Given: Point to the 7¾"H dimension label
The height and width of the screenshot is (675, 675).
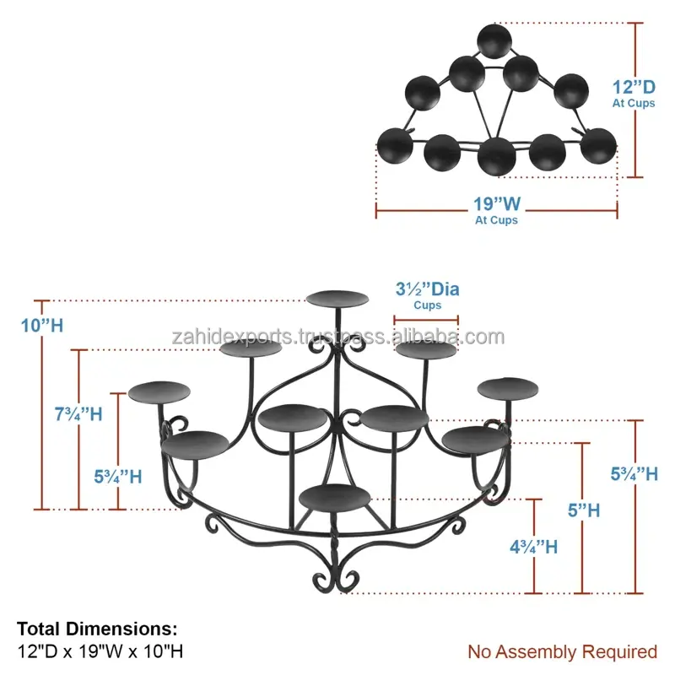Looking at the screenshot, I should (78, 414).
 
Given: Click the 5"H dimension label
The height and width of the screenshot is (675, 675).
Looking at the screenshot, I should (582, 510).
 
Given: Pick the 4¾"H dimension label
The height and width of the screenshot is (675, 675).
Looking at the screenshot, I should (532, 546).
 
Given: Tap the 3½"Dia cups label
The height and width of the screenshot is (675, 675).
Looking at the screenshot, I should (427, 289).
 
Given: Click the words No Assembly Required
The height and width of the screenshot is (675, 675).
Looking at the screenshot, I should (562, 651).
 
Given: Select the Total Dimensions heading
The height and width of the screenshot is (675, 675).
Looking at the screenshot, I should (98, 629).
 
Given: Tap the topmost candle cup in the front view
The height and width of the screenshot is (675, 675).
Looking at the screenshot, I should (337, 298).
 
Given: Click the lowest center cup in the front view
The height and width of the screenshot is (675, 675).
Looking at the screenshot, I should (335, 495).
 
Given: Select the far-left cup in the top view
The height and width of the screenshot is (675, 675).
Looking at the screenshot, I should (393, 145).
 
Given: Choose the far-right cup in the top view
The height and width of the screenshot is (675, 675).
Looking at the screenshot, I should (598, 145).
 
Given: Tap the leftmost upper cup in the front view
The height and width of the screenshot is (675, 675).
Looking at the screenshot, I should (159, 391).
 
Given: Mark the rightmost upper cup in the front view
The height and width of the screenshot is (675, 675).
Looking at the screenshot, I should (507, 387).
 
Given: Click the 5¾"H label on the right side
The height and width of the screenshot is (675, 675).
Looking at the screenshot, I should (634, 474).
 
